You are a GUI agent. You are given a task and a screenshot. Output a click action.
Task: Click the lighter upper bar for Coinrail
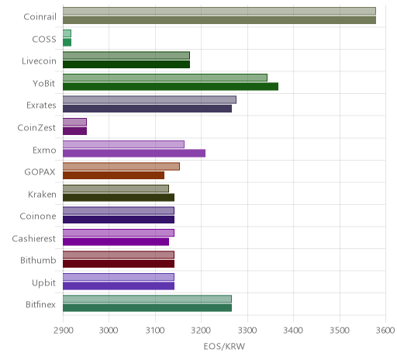point(219,11)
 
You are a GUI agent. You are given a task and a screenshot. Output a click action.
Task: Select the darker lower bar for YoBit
point(171,86)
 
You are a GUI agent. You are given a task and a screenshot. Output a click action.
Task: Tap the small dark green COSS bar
point(67,43)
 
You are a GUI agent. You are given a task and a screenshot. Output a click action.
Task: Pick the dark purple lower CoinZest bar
point(74,131)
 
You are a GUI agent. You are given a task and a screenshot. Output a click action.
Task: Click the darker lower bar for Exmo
point(134,153)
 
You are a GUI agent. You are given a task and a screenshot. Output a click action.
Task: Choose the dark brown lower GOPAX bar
point(113,175)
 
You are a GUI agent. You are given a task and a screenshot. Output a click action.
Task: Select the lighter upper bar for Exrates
point(150,100)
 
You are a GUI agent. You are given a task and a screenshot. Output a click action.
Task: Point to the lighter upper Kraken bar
point(116,189)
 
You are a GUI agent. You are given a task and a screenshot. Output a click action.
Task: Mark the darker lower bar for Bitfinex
point(147,308)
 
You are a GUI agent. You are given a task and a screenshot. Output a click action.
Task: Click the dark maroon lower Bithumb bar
point(119,264)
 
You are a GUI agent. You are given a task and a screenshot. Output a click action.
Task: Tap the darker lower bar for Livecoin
point(126,64)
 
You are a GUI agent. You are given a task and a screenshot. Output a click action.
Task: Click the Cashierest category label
point(34,238)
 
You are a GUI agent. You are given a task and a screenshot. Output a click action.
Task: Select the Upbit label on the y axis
point(43,282)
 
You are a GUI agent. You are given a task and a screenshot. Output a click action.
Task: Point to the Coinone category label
point(38,216)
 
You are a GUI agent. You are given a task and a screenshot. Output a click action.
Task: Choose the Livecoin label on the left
point(39,61)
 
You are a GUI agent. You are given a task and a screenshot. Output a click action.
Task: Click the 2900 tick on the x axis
point(64,331)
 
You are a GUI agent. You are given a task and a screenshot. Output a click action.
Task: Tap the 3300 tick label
point(247,331)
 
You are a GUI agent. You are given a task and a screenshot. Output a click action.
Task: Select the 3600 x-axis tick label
point(385,331)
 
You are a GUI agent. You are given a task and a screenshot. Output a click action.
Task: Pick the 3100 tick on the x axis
point(155,331)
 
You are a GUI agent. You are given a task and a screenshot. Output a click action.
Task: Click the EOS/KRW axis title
point(224,346)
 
